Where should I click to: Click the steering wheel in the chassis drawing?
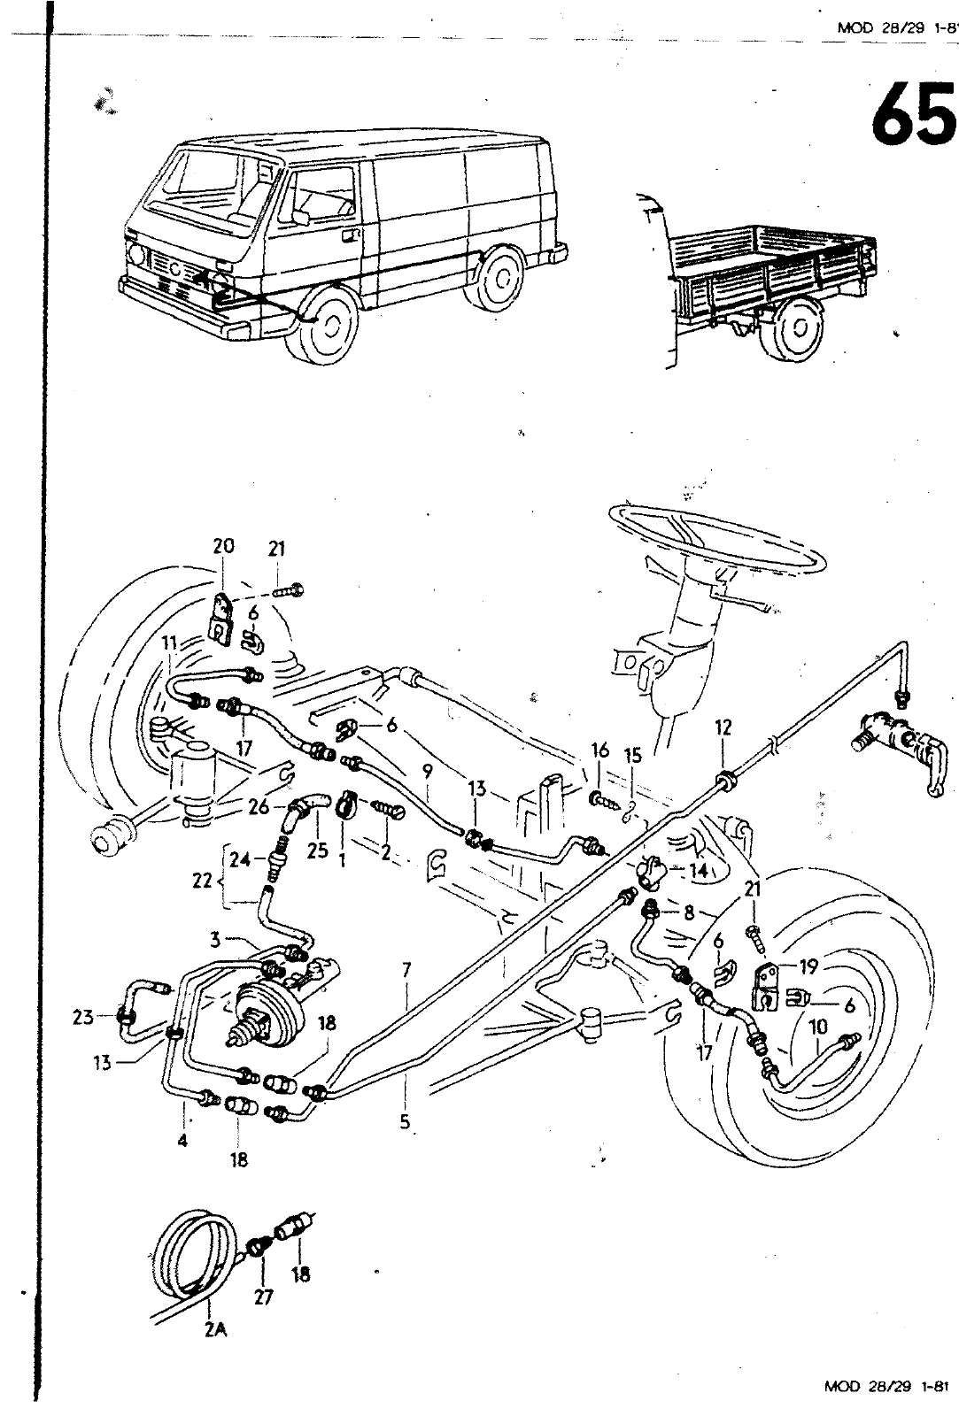pyautogui.click(x=717, y=540)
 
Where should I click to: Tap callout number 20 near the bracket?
pyautogui.click(x=223, y=546)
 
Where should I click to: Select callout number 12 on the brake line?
pyautogui.click(x=723, y=727)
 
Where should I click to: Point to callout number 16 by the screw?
pyautogui.click(x=600, y=750)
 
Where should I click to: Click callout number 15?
pyautogui.click(x=632, y=756)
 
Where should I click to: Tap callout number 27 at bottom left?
pyautogui.click(x=263, y=1298)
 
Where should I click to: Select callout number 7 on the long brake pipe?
pyautogui.click(x=406, y=971)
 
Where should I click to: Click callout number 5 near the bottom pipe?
pyautogui.click(x=405, y=1121)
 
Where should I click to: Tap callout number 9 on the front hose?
pyautogui.click(x=427, y=772)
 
